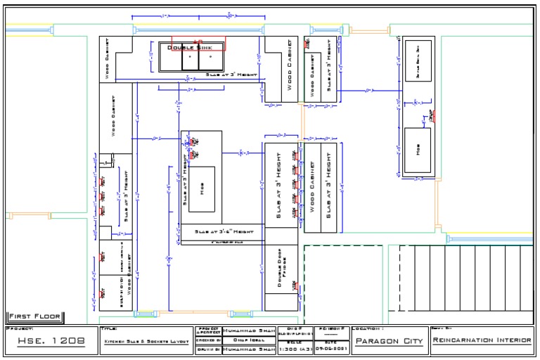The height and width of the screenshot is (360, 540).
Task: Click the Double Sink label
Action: point(189,47)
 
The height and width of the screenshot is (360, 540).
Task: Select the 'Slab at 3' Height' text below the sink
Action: point(231,74)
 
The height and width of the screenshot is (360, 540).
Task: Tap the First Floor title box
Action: point(34,316)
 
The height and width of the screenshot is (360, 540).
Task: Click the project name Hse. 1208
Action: point(50,342)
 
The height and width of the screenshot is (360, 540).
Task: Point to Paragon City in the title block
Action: point(388,342)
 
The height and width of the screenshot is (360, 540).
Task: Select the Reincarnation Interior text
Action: point(482,341)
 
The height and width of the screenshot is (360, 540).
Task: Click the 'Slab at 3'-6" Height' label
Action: point(224,231)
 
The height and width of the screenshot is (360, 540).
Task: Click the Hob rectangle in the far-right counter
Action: point(418,150)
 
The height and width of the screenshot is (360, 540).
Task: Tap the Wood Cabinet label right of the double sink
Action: point(289,65)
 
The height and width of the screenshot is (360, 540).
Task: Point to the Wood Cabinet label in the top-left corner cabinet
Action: point(108,63)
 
